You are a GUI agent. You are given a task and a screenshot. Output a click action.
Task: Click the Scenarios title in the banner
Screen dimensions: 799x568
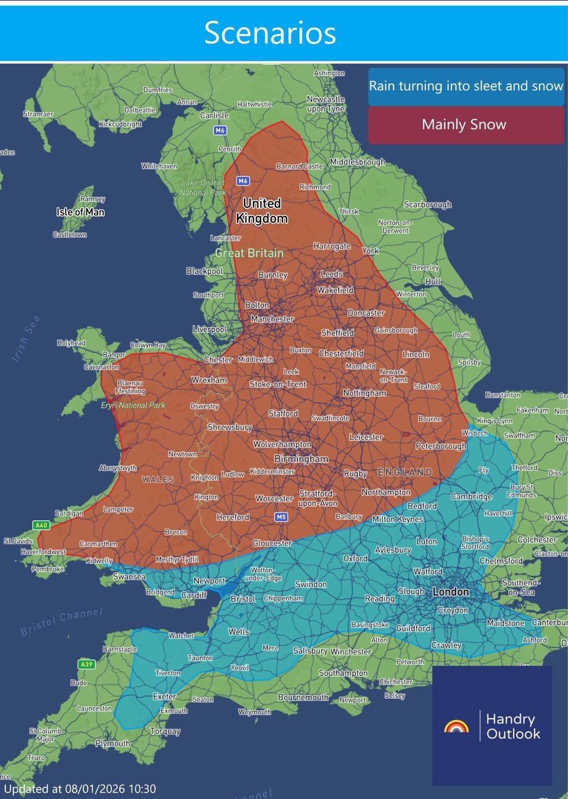tap(270, 33)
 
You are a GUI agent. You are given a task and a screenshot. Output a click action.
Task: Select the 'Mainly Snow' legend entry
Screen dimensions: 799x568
tap(464, 125)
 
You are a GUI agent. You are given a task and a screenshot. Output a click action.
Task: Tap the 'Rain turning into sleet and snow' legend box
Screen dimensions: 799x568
tap(466, 86)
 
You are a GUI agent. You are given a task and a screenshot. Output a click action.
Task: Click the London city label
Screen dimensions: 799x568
tap(450, 592)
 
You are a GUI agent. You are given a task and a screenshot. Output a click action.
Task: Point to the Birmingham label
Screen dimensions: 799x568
tap(301, 459)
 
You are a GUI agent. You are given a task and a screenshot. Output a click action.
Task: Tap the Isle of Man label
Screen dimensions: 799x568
tap(81, 212)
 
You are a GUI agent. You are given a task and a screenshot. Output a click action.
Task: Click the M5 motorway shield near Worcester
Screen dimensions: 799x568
tap(281, 517)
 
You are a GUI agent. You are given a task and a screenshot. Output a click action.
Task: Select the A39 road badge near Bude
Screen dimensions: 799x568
tap(86, 664)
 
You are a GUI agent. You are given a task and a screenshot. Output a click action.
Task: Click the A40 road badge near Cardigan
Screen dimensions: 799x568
tap(41, 526)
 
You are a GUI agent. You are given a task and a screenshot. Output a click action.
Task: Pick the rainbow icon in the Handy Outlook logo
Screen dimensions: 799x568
tap(456, 727)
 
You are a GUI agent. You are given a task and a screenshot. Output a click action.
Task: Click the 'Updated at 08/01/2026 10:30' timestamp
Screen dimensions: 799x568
tap(80, 789)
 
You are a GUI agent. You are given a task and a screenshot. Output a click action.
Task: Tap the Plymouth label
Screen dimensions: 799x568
tap(113, 743)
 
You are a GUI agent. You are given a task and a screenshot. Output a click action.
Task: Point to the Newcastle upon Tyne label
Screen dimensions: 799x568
tap(325, 104)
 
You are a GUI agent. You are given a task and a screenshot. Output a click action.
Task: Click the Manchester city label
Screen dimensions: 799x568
tap(272, 319)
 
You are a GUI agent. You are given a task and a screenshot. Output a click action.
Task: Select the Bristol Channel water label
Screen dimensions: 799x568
tap(61, 622)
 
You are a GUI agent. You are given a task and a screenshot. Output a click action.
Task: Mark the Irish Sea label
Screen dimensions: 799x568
tap(26, 339)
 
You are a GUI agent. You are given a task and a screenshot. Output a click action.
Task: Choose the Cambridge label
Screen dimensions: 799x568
tap(471, 497)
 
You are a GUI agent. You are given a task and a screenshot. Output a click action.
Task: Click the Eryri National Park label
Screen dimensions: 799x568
tap(133, 406)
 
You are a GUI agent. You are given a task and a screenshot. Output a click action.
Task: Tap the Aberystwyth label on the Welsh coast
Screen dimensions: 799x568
tap(118, 468)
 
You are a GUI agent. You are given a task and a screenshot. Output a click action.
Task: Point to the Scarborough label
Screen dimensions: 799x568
tap(427, 205)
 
